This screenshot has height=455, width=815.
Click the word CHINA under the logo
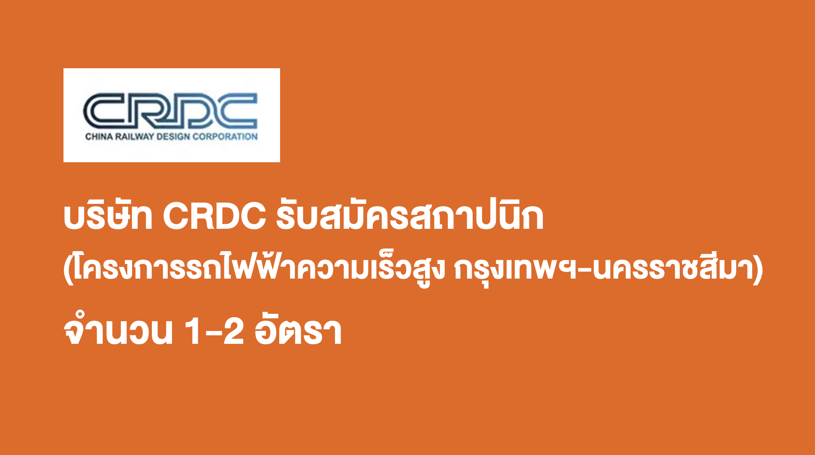pos(99,137)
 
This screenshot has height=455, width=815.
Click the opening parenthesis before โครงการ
pos(68,270)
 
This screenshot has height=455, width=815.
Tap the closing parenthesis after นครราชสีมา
pos(759,270)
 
